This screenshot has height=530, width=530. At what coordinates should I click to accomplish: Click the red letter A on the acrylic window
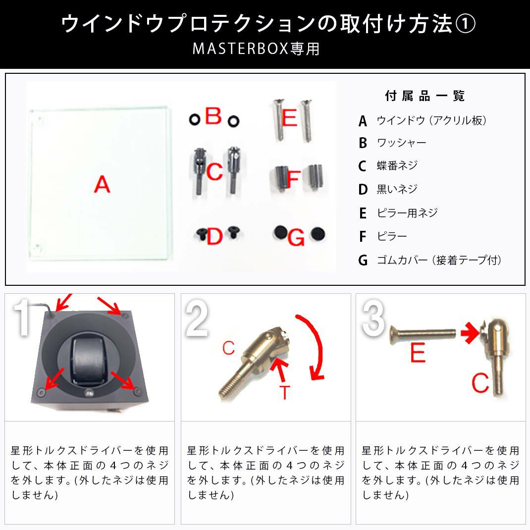102,184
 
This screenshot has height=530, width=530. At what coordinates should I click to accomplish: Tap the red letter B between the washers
213,116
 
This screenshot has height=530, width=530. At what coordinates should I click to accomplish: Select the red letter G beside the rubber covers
296,237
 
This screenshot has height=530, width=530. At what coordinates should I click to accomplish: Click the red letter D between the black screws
214,236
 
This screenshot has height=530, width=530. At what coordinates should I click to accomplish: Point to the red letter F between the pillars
293,179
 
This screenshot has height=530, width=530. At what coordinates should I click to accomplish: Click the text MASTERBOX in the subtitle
240,49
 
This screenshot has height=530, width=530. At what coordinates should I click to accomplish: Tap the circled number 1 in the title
466,24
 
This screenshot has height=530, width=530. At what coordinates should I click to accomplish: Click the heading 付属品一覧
424,96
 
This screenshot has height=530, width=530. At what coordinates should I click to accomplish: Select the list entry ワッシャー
401,143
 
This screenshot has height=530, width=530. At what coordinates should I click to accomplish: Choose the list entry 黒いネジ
397,189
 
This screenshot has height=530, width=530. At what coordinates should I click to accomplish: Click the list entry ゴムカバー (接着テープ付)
439,260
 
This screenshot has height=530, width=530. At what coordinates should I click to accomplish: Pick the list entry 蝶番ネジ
397,165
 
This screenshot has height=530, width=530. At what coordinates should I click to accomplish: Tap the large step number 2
197,318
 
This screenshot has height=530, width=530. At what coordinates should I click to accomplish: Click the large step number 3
373,318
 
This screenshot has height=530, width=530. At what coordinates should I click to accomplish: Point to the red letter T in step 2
285,392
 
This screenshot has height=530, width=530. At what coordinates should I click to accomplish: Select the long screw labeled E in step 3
423,334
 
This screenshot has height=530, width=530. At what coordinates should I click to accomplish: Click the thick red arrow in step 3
470,333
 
